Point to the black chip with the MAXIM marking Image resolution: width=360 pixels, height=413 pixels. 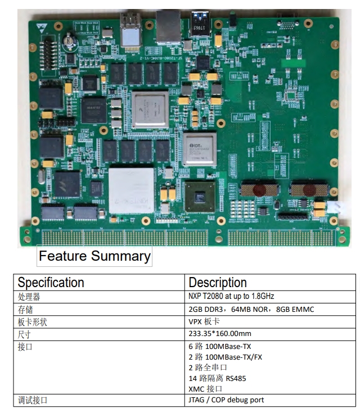point(93,108)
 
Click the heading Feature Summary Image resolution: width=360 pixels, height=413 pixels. point(94,257)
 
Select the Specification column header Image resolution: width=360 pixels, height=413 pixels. point(51,283)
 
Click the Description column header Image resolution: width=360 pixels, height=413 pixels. point(218,283)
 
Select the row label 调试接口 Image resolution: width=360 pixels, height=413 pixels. point(33,400)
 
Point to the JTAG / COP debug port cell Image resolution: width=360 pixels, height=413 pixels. point(226,400)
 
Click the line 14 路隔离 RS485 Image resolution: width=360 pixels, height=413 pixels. point(217,378)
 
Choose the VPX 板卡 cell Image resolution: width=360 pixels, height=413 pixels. point(205,321)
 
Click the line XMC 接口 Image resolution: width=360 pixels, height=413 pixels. point(205,389)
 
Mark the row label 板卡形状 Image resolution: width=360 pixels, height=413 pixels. point(33,321)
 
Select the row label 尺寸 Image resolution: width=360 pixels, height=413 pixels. point(25,333)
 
